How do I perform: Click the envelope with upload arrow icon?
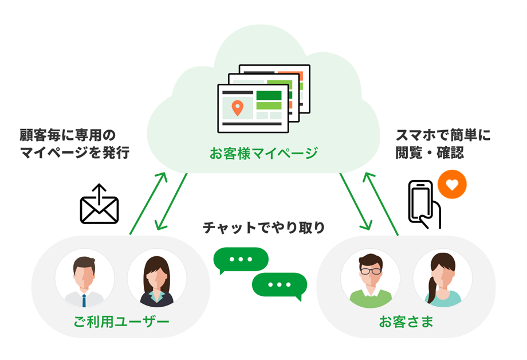pos(99,205)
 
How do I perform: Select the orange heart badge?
pos(451,185)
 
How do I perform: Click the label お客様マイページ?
pos(263,153)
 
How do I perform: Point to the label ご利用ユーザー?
pos(121,321)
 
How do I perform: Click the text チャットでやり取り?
pos(263,228)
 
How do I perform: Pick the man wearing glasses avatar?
pos(370,279)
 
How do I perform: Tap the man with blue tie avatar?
pos(85,279)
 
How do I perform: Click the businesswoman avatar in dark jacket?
pos(156,279)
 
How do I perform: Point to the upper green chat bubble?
pos(241,260)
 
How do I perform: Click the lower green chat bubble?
pos(280,285)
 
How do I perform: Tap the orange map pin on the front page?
pos(237,107)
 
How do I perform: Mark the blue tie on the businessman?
pos(84,300)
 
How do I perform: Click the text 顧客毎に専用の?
pos(68,135)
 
